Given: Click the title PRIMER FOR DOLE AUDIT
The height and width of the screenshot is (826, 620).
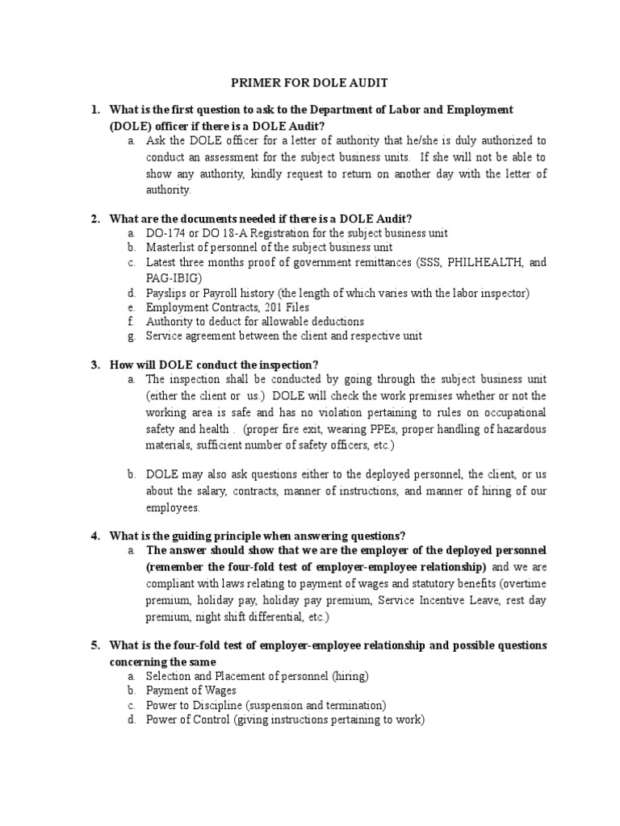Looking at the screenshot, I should tap(310, 82).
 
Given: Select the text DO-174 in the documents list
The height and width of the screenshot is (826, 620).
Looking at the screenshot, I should tap(165, 233).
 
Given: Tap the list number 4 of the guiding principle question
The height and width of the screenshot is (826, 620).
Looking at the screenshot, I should tap(94, 536).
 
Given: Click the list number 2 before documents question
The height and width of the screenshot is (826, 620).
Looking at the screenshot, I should tap(94, 219).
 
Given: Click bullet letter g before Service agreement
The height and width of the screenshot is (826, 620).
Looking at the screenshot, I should tap(130, 336).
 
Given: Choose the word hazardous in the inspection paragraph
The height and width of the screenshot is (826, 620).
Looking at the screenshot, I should tap(516, 429).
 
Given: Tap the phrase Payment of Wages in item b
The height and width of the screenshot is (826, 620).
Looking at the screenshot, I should tap(191, 690).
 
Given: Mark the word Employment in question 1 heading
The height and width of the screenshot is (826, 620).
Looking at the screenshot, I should tap(478, 109).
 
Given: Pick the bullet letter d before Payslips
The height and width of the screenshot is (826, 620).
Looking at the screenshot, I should tap(130, 292).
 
